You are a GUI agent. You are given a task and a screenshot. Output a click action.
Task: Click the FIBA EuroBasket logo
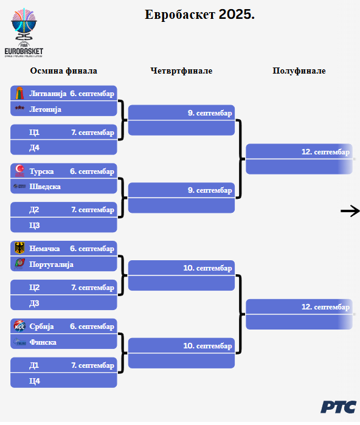pos(24,33)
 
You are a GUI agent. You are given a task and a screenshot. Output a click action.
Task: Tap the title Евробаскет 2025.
pos(199,15)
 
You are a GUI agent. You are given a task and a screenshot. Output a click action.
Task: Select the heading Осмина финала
pos(63,71)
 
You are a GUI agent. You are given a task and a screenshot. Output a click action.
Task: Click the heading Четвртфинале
pos(181,71)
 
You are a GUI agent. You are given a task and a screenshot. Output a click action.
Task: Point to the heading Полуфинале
pos(299,71)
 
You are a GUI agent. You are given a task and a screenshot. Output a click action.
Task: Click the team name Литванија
pos(47,94)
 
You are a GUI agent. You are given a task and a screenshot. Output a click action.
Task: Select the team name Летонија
pos(45,109)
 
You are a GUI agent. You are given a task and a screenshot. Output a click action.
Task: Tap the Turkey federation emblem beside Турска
pos(19,171)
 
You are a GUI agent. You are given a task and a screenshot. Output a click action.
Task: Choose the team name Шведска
pos(45,187)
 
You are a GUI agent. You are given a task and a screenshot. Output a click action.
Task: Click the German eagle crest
pos(19,248)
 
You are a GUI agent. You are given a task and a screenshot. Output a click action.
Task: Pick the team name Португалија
pos(51,264)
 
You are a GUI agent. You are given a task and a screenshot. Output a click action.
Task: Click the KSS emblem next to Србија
pos(19,326)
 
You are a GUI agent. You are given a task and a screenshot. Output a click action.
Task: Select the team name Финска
pos(43,342)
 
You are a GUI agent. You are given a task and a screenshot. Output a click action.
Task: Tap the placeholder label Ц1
pos(35,133)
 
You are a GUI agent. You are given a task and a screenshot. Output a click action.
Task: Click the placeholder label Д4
pos(35,148)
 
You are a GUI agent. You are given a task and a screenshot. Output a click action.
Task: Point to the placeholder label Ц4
pos(35,381)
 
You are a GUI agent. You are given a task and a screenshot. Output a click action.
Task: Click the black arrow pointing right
pos(350,211)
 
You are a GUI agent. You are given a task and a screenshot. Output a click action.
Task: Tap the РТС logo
pos(338,407)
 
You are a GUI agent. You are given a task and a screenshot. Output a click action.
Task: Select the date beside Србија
pos(92,327)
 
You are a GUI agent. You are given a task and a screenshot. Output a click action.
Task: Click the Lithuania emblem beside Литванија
pos(19,93)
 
